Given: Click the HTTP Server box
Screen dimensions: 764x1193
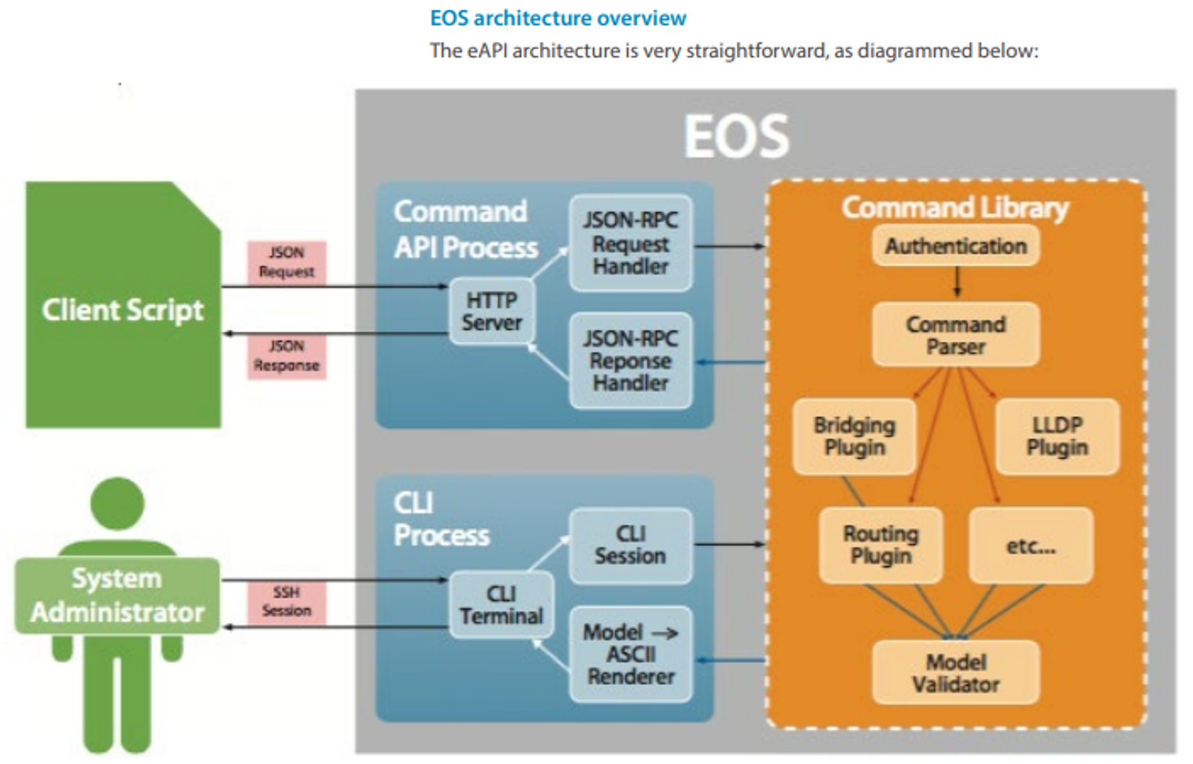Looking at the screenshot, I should click(492, 311).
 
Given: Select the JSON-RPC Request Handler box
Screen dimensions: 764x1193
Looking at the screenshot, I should click(631, 243).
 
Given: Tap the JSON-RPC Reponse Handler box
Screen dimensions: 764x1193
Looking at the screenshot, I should click(631, 361).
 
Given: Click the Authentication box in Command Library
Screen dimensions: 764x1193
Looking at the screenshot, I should click(956, 246).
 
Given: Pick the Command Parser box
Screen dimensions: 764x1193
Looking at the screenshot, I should click(956, 335).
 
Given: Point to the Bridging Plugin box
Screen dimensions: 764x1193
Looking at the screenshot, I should click(854, 436).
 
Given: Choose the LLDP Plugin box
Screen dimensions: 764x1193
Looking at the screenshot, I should click(1057, 436).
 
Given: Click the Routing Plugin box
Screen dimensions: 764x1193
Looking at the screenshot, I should click(880, 545).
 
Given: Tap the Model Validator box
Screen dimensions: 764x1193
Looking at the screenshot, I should click(956, 673).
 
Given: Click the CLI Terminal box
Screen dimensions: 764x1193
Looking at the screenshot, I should click(501, 605).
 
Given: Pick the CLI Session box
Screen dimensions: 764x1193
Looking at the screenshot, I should click(631, 545).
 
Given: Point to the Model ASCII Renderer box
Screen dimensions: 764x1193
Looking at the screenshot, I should click(631, 654).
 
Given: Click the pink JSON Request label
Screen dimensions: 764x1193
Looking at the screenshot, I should click(286, 262).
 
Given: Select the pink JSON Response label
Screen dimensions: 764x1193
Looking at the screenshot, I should click(286, 356).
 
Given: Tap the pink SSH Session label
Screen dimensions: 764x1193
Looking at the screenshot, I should click(286, 601).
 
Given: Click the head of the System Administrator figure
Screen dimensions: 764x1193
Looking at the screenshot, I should click(118, 504).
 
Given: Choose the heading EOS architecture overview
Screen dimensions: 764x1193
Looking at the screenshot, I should click(558, 18).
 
